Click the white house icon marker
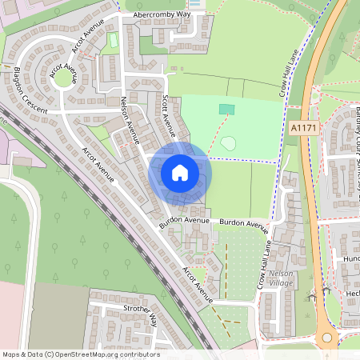point(180,173)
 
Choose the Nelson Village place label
point(282,278)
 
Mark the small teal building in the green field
point(228,109)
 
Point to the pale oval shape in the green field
point(228,144)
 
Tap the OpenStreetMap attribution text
point(81,354)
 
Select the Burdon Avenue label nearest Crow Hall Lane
point(245,223)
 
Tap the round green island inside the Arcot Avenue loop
point(62,78)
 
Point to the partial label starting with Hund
point(351,260)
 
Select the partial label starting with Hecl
point(351,294)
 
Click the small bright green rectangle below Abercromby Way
point(114,39)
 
